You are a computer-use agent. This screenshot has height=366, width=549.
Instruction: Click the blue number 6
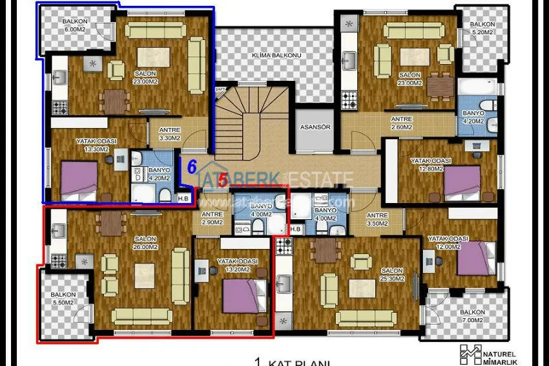191,166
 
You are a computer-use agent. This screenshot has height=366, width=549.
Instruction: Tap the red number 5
223,180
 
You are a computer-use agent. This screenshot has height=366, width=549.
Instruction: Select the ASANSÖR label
315,127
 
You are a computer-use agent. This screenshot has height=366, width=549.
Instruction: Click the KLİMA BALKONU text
276,56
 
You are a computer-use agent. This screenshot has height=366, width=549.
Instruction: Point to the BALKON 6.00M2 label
75,25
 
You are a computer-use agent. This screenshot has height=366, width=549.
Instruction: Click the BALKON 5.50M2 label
63,299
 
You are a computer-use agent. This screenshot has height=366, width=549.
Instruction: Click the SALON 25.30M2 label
392,275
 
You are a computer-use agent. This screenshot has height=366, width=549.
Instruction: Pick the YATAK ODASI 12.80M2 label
434,165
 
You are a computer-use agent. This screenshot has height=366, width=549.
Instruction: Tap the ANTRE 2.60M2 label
402,123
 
